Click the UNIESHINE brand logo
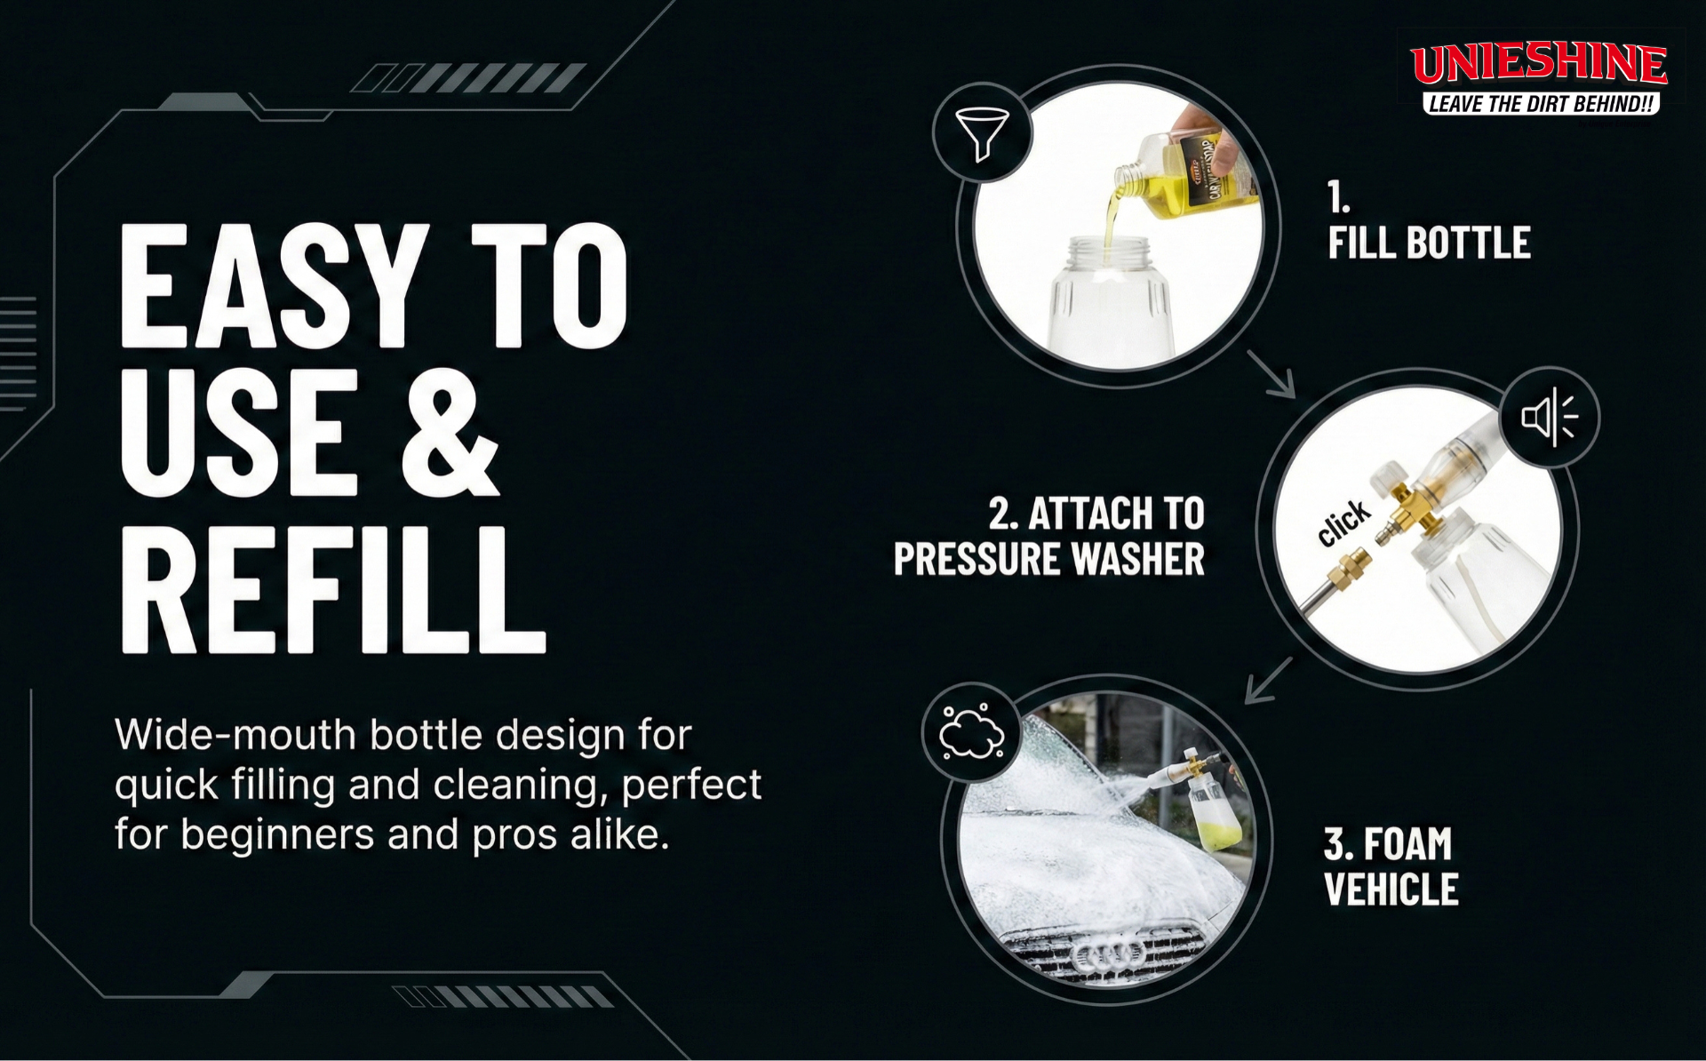coord(1539,64)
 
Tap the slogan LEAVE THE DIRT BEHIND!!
coord(1542,104)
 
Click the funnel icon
coord(981,133)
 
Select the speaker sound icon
coord(1549,416)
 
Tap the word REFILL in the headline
coord(333,588)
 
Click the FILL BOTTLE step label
coord(1429,243)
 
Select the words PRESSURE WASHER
coord(1048,559)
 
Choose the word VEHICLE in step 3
coord(1391,889)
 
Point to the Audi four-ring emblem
coord(1109,955)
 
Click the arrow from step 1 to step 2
coord(1271,373)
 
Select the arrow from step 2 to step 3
coord(1269,680)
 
